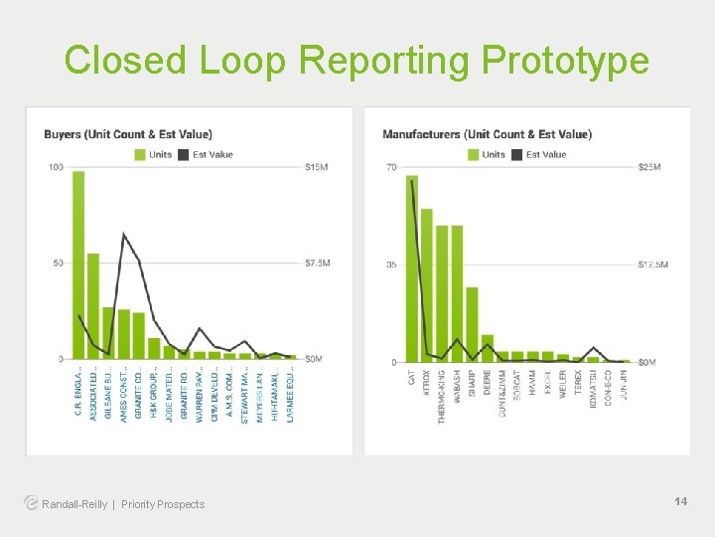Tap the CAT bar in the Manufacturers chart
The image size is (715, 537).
[x=412, y=268]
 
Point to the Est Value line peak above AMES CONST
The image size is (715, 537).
[x=123, y=235]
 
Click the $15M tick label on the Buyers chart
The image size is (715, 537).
[x=318, y=167]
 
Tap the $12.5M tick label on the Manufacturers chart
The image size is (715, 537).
[x=652, y=265]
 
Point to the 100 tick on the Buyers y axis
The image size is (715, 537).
[x=56, y=167]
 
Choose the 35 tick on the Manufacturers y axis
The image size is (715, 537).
[x=392, y=265]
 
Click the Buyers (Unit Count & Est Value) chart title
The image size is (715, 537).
[x=128, y=134]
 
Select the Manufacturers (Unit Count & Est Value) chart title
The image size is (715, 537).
[x=487, y=134]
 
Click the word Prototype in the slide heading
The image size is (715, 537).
[x=565, y=61]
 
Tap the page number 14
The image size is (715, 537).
[x=680, y=501]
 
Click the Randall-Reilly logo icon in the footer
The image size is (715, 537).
[x=32, y=503]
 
